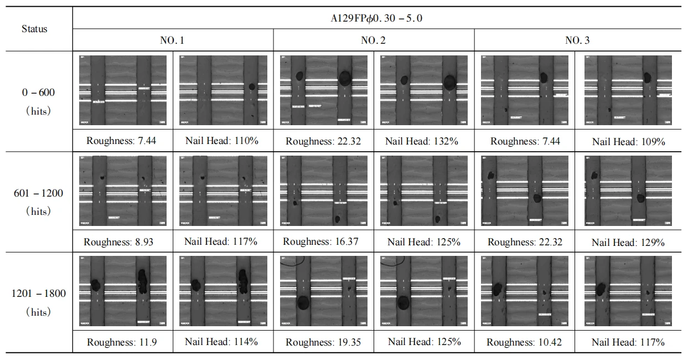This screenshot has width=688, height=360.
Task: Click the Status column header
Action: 34,29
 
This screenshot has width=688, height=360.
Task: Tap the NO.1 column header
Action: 172,40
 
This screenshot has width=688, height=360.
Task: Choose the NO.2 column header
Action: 373,40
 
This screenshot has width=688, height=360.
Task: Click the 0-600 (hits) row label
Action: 38,101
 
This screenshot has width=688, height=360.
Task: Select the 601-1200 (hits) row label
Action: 38,202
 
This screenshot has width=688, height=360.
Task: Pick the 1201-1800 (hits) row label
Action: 38,302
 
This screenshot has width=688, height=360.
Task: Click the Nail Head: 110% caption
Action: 222,141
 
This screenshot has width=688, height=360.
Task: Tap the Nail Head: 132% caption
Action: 422,141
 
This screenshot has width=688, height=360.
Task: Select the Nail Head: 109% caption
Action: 628,142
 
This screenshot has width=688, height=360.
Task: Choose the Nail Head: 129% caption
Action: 628,243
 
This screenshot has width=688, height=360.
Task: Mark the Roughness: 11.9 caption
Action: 122,342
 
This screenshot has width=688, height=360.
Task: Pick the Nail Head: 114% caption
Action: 221,342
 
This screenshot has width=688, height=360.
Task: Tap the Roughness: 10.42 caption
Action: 524,342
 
